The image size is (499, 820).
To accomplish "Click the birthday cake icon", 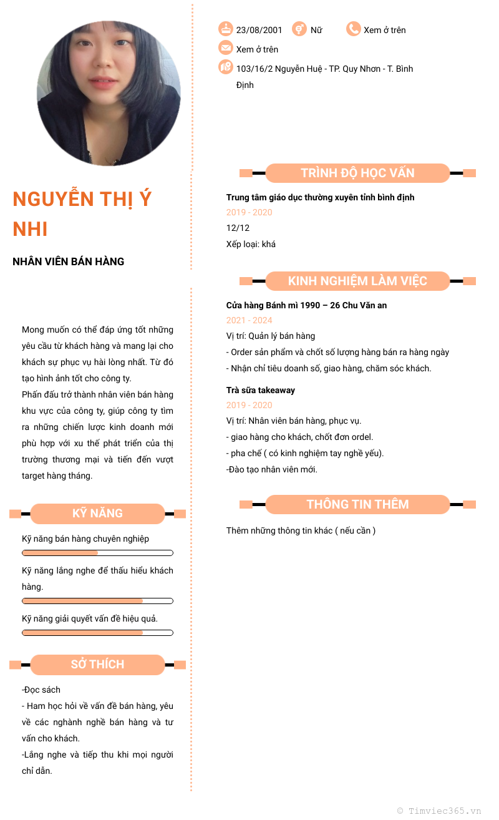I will [x=225, y=29].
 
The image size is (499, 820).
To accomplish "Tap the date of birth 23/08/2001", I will [x=259, y=30].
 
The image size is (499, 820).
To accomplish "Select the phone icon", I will [x=354, y=29].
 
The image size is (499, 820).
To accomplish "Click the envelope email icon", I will [x=225, y=48].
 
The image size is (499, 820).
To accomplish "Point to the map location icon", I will [x=225, y=67].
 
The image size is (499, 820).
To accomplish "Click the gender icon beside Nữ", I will [x=299, y=29].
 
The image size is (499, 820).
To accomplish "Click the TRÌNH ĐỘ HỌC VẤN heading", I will [x=357, y=173].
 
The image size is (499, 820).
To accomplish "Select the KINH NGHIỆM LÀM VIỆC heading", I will [x=357, y=281].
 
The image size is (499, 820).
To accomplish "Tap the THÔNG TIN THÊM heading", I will [x=357, y=504].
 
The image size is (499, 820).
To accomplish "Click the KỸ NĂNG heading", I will [x=97, y=514].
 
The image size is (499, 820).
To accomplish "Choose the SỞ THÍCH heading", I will [x=97, y=665].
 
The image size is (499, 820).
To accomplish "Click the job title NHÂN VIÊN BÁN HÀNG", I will [x=69, y=261].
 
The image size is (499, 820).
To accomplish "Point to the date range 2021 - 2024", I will [x=249, y=320].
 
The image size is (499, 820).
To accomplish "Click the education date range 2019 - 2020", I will [x=249, y=212].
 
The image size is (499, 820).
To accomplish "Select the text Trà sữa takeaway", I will [x=261, y=390].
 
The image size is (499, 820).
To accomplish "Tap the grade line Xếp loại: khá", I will [x=251, y=244].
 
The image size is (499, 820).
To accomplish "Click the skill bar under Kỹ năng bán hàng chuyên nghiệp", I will [x=97, y=553].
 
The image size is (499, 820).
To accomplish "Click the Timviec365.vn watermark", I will [x=439, y=811].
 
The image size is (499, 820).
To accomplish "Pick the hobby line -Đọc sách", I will [x=41, y=690].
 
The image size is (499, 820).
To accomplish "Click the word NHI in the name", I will [x=31, y=229].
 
